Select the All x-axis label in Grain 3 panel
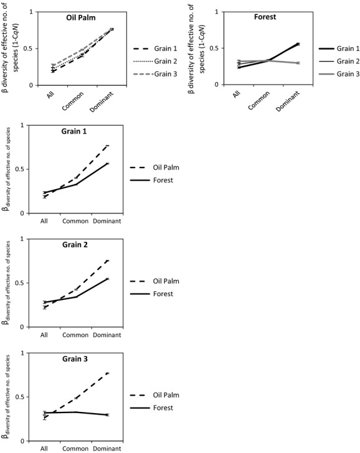[x=44, y=448]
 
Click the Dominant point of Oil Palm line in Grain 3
[x=107, y=373]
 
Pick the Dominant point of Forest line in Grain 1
[x=107, y=163]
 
